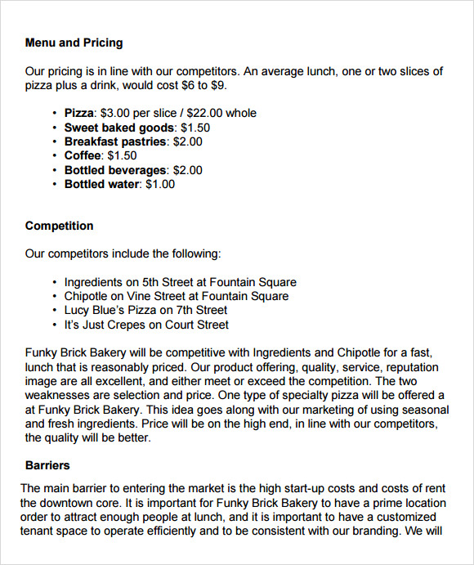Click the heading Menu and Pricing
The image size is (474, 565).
pos(74,43)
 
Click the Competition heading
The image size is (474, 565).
pos(59,226)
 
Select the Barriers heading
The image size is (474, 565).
pos(47,465)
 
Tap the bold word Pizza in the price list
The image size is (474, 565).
pos(78,113)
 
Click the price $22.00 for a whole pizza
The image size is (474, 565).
pos(204,113)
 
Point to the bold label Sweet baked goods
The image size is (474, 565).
pos(118,128)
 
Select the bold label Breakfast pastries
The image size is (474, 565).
pos(115,141)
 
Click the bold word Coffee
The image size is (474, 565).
pos(83,155)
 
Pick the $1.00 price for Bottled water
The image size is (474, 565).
pos(161,184)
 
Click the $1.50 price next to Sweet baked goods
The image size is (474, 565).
pos(195,128)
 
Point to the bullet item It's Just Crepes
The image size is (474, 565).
pos(109,325)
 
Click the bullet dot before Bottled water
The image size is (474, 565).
pos(55,184)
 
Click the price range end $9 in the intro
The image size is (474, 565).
pos(219,85)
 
